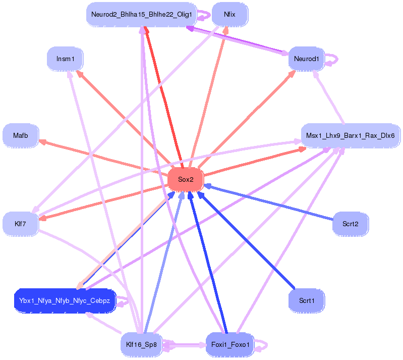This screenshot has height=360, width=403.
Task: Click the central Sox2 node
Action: [185, 180]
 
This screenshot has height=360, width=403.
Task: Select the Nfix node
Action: [229, 15]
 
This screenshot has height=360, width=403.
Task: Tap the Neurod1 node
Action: [306, 59]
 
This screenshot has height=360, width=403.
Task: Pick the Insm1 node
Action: [65, 59]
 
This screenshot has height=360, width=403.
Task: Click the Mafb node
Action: [21, 135]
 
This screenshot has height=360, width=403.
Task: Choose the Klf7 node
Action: [21, 223]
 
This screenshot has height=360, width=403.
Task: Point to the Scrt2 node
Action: [350, 223]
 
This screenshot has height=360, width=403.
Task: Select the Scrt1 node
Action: [306, 300]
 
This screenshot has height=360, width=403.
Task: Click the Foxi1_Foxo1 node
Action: [229, 345]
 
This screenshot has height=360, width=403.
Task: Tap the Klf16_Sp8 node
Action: [142, 345]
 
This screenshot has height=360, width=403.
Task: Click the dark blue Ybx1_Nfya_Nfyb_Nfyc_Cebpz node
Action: [65, 301]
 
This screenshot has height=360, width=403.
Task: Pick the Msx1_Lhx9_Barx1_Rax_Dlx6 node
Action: [350, 135]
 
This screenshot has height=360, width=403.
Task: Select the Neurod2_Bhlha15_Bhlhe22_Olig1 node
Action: [141, 15]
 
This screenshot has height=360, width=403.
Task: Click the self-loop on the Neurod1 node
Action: [333, 59]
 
